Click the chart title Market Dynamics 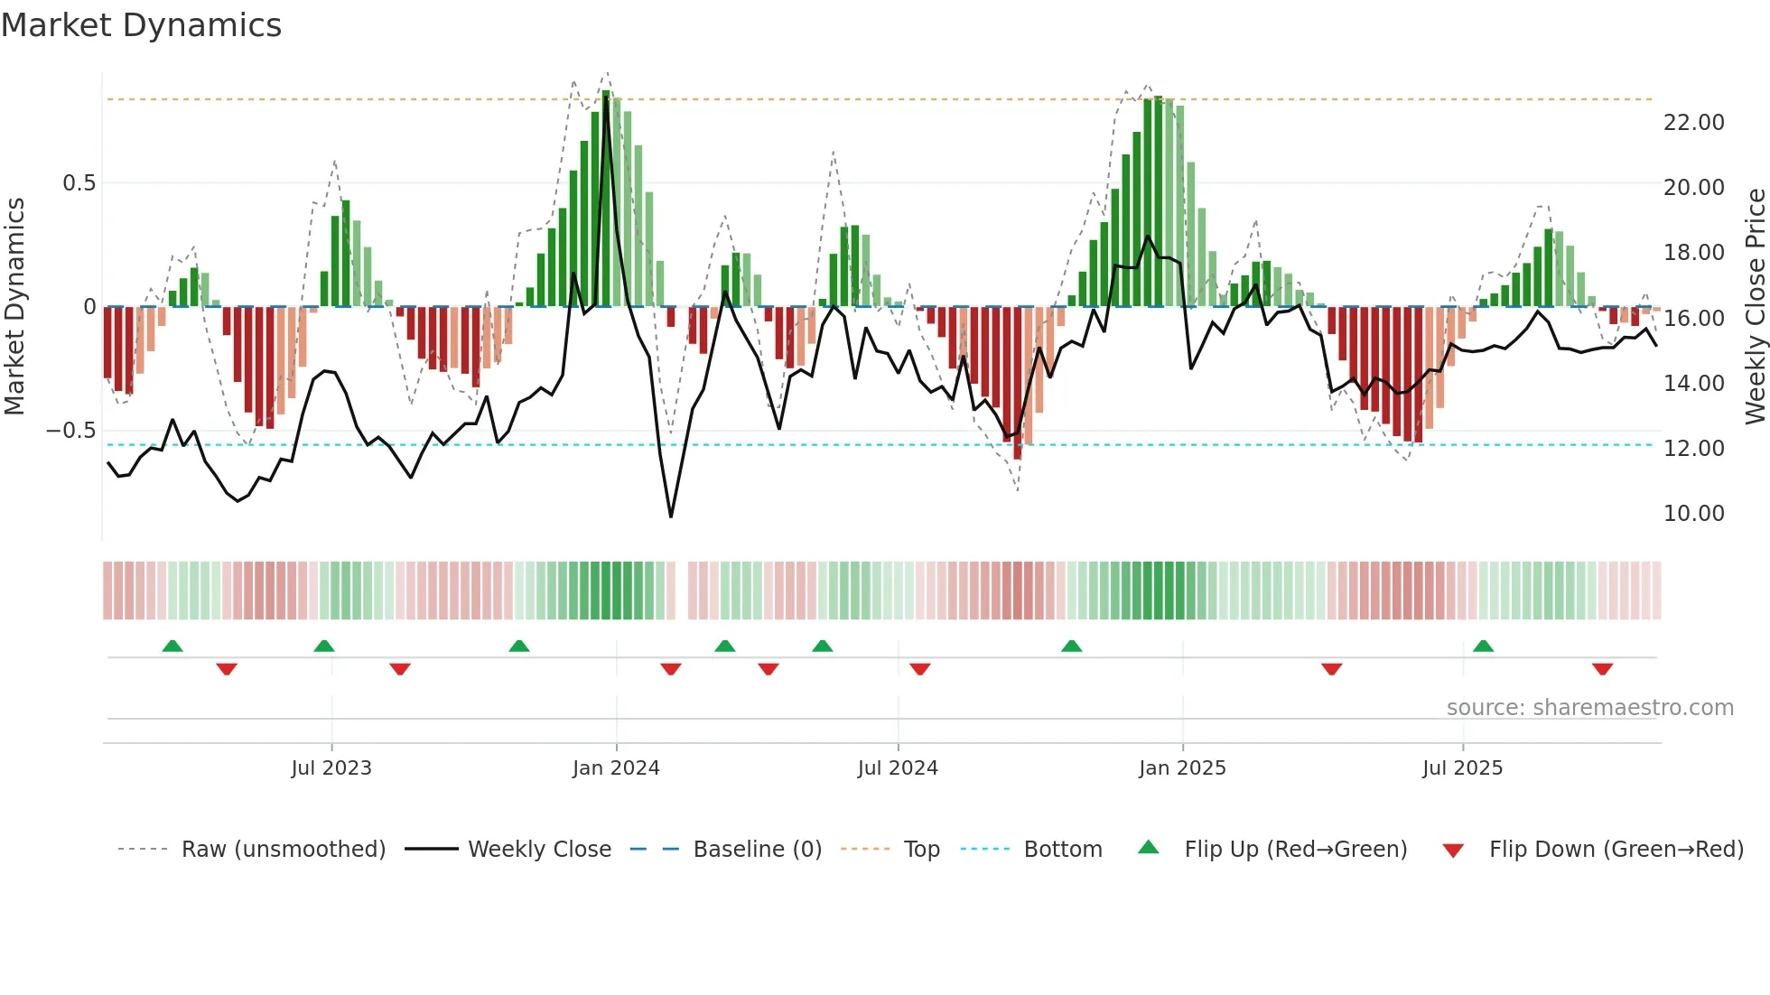point(141,25)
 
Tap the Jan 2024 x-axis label point(616,768)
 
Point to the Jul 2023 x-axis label point(331,768)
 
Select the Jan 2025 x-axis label point(1182,768)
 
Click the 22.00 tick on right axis point(1693,123)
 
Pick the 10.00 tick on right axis point(1693,514)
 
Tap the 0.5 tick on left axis point(79,183)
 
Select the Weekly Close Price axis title point(1755,306)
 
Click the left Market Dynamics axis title point(14,306)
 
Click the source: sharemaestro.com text point(1589,708)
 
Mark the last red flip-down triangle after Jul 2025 point(1602,669)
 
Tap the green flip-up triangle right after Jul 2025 point(1483,646)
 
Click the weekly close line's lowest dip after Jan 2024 point(671,516)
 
